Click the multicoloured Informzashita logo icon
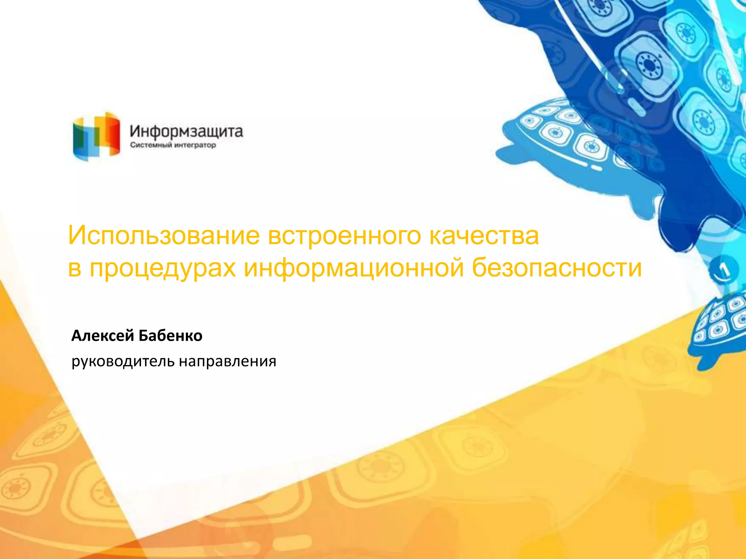pos(97,136)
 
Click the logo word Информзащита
pos(186,131)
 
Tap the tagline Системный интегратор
pos(173,145)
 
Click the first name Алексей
pos(103,336)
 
